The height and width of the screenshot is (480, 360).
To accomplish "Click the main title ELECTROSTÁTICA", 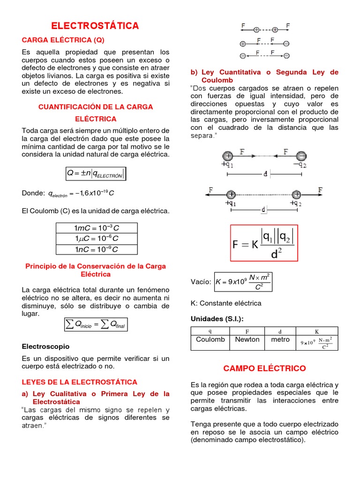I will [x=95, y=26].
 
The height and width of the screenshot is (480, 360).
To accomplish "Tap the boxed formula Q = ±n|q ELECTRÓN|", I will [x=96, y=174].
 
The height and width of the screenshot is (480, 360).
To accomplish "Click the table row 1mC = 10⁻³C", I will [x=96, y=228].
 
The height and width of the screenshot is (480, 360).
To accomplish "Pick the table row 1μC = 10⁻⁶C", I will [x=96, y=239].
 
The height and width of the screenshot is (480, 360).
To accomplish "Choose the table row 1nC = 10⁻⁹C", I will [x=96, y=249].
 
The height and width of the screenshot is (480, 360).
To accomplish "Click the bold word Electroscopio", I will [x=45, y=346].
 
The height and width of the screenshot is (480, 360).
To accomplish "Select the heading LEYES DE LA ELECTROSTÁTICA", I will [x=80, y=382].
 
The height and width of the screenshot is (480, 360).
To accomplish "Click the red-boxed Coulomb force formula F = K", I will [x=264, y=243].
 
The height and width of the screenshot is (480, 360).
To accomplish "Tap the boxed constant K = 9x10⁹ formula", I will [x=242, y=282].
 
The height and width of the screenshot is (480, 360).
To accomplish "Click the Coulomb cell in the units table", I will [x=210, y=340].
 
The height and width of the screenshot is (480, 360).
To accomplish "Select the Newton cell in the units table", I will [x=247, y=340].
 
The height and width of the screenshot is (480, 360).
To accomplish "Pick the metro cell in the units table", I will [x=280, y=340].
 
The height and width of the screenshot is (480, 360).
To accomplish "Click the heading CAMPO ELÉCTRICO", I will [x=264, y=368].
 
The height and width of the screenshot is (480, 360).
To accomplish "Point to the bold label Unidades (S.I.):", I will [x=217, y=319].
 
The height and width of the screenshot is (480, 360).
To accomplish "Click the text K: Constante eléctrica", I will [x=226, y=303].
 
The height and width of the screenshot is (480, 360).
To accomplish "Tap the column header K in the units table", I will [x=317, y=331].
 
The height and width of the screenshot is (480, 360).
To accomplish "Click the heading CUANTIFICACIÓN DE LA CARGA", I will [x=96, y=107].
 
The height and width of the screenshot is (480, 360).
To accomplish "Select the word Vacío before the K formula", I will [x=201, y=282].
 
